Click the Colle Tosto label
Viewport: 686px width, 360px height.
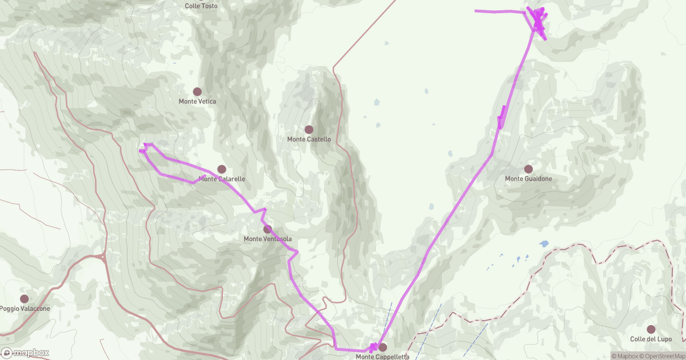point(201,6)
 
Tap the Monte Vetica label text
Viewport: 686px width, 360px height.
point(197,102)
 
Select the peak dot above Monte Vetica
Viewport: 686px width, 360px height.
point(197,91)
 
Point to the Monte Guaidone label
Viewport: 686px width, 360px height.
point(528,179)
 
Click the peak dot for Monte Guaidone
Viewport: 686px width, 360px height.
point(528,169)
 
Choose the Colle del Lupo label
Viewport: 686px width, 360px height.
point(651,339)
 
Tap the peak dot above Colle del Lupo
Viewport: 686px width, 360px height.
point(651,329)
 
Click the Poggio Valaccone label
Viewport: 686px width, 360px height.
point(25,309)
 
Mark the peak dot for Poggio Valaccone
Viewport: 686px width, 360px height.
point(24,299)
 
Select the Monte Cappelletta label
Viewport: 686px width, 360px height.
point(382,357)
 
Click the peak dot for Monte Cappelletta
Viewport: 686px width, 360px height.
point(382,347)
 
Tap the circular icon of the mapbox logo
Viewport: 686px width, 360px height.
point(7,353)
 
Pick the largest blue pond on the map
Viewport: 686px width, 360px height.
point(543,243)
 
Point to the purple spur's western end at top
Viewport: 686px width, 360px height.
point(476,10)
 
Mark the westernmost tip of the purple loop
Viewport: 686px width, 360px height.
point(141,151)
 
